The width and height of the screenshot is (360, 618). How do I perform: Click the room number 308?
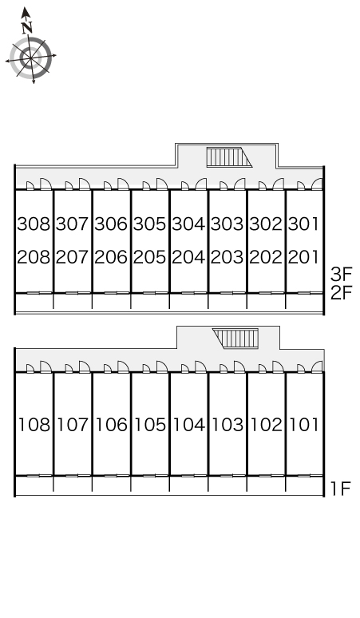[x=34, y=224]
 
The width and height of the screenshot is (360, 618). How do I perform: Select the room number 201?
[x=303, y=257]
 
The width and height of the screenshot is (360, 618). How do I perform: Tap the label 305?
[x=150, y=224]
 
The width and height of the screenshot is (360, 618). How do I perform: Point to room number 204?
[x=188, y=257]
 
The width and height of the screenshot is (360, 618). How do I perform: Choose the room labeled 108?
[x=34, y=425]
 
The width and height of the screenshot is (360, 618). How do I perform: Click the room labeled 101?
[x=304, y=425]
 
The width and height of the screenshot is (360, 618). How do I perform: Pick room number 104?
[x=189, y=425]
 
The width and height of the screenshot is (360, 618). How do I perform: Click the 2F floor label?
[x=341, y=292]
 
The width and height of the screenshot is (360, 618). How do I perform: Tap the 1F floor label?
[x=340, y=489]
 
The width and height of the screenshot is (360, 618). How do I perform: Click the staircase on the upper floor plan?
[x=229, y=157]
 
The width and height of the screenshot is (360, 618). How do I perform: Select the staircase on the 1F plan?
[x=235, y=339]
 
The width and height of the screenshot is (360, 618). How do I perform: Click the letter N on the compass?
[x=27, y=28]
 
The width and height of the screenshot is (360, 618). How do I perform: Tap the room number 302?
[x=266, y=224]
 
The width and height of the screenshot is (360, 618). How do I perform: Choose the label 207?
[x=72, y=257]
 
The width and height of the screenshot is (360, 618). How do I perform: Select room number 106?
[x=112, y=425]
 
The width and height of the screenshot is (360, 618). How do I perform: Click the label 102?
[x=267, y=425]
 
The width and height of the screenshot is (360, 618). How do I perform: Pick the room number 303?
[x=227, y=224]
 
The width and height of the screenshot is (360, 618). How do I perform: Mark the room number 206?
[x=111, y=257]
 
